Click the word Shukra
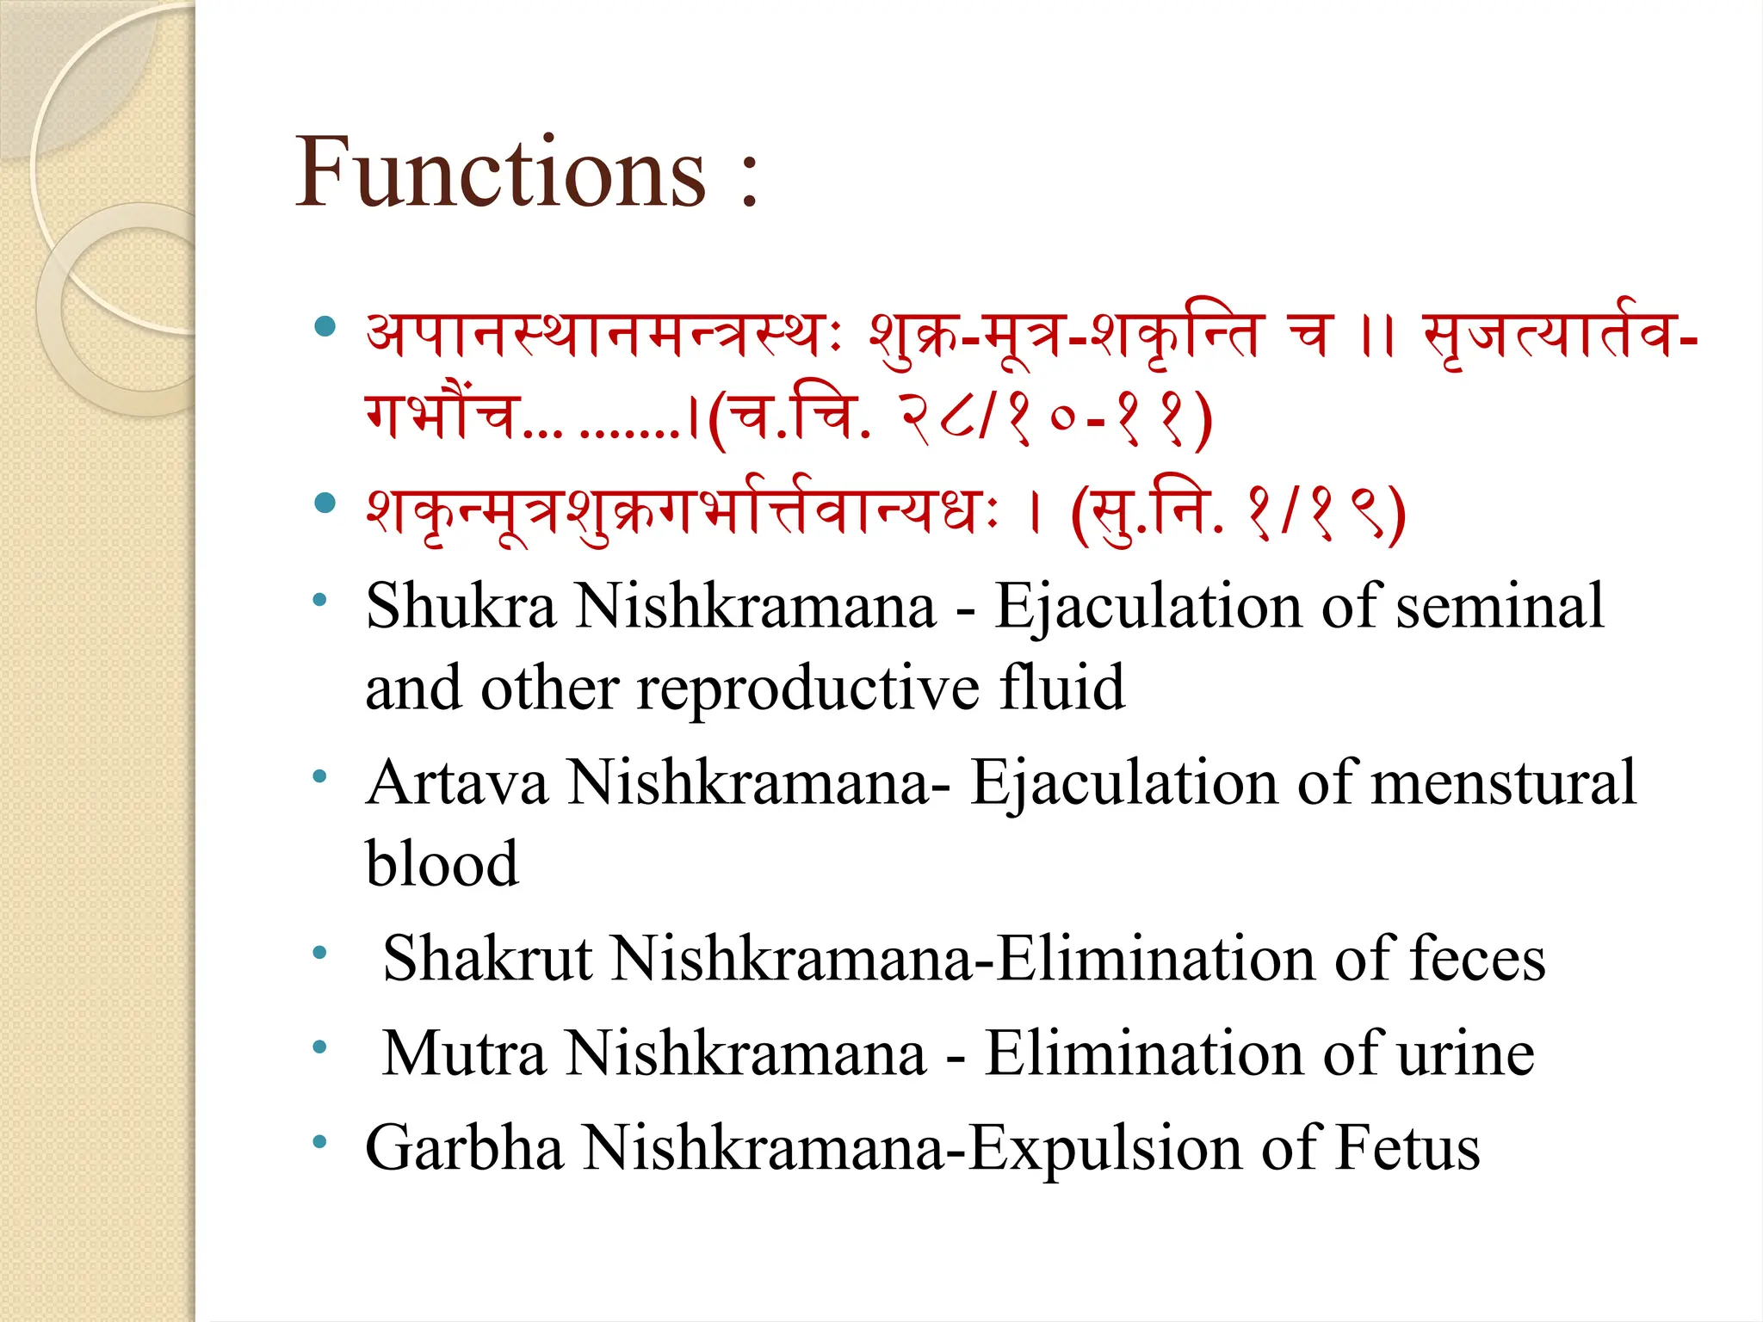pyautogui.click(x=461, y=606)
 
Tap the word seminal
pyautogui.click(x=1500, y=606)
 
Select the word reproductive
pyautogui.click(x=807, y=689)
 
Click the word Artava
pyautogui.click(x=457, y=783)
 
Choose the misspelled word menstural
pyautogui.click(x=1503, y=783)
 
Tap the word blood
pyautogui.click(x=442, y=863)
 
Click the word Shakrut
pyautogui.click(x=488, y=959)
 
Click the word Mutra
pyautogui.click(x=464, y=1053)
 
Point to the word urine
pyautogui.click(x=1466, y=1053)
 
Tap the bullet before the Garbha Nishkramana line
pyautogui.click(x=320, y=1142)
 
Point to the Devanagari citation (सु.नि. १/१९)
pyautogui.click(x=1238, y=513)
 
